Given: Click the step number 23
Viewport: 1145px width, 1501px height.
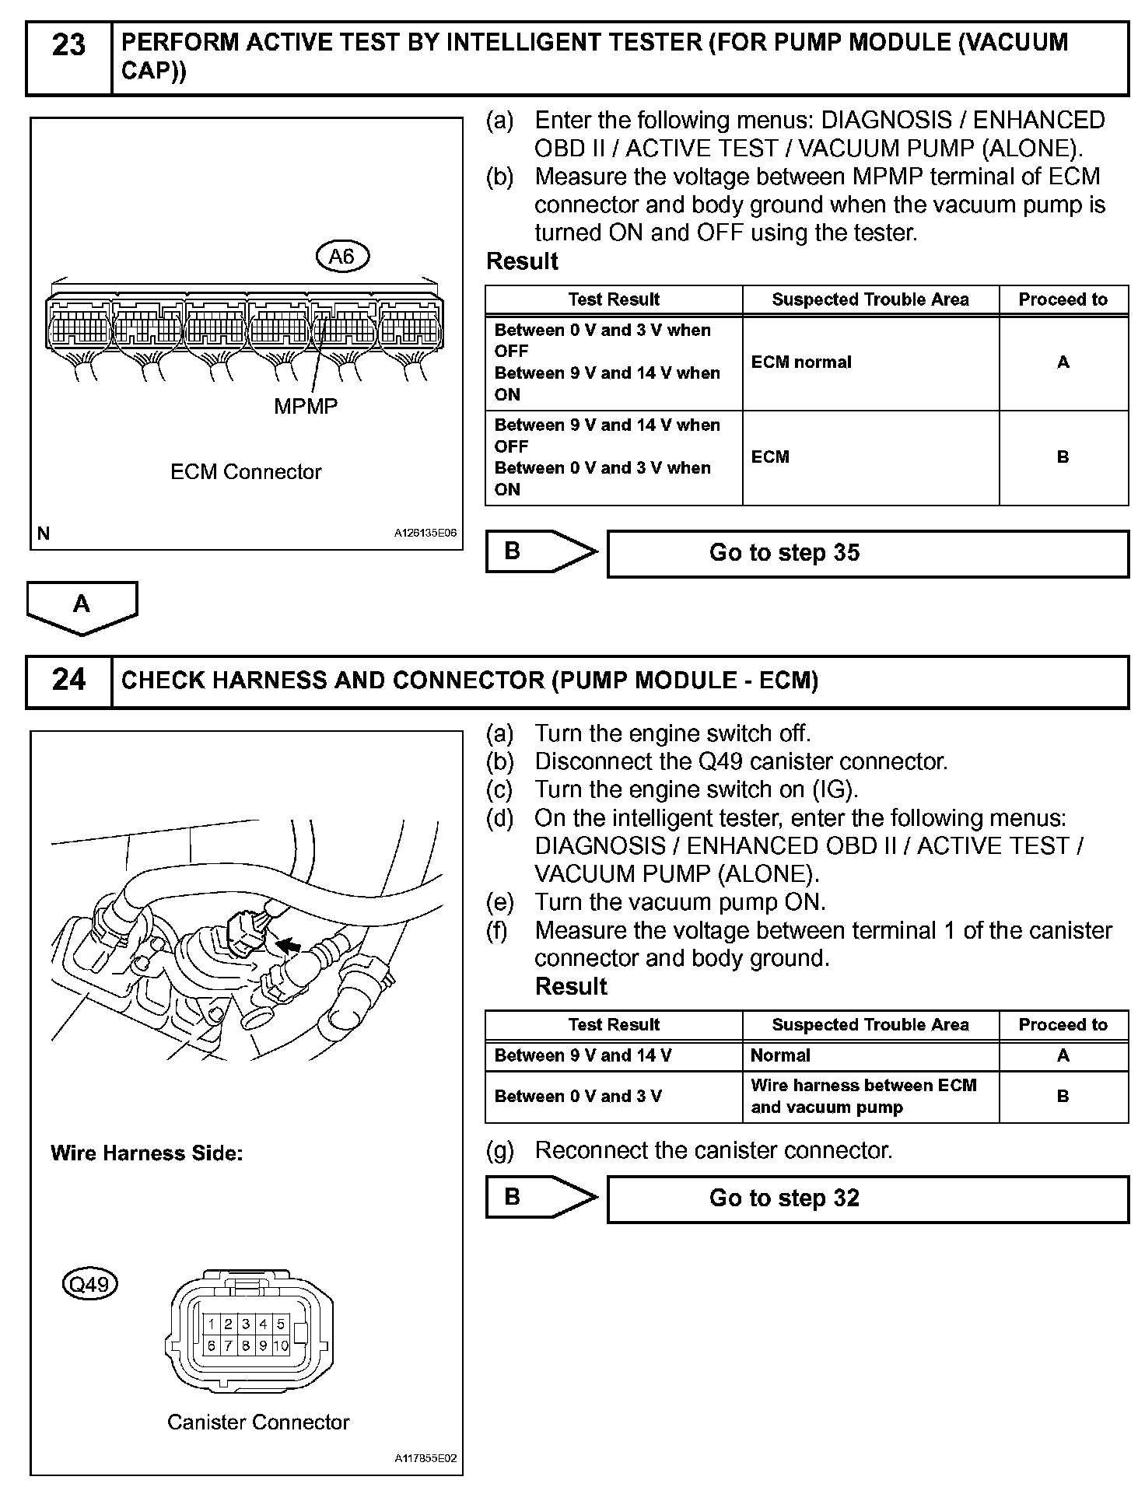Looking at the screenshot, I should (x=68, y=46).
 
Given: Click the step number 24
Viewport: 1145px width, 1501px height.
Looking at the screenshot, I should (x=68, y=681).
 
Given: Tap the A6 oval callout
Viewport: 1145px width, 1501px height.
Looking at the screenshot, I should (x=342, y=256).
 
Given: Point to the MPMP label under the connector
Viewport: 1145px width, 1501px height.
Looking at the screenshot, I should (x=306, y=406).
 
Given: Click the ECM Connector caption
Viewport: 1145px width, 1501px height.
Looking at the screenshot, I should (x=246, y=472).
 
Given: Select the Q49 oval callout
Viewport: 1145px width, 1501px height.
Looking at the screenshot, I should (x=89, y=1283).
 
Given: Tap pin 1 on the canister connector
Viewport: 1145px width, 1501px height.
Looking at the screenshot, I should (x=211, y=1323).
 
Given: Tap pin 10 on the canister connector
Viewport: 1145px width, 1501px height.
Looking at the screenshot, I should (x=281, y=1345).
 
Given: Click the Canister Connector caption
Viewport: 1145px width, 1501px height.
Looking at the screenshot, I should (x=258, y=1422).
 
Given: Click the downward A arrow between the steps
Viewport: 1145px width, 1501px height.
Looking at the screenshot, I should (x=82, y=606).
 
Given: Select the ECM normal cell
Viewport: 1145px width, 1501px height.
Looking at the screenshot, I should (x=801, y=362).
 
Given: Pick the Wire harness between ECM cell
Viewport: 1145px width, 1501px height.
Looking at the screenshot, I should (x=863, y=1096).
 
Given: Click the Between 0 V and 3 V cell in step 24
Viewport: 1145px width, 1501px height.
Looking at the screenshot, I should (x=578, y=1097).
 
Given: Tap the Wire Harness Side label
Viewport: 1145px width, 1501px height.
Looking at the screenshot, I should (x=147, y=1153).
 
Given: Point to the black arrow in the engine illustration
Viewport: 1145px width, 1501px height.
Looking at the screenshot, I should (x=289, y=945).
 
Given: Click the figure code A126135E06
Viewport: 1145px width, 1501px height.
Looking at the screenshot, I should (x=425, y=534).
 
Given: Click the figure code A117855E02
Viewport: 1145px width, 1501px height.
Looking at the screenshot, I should (x=425, y=1459).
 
